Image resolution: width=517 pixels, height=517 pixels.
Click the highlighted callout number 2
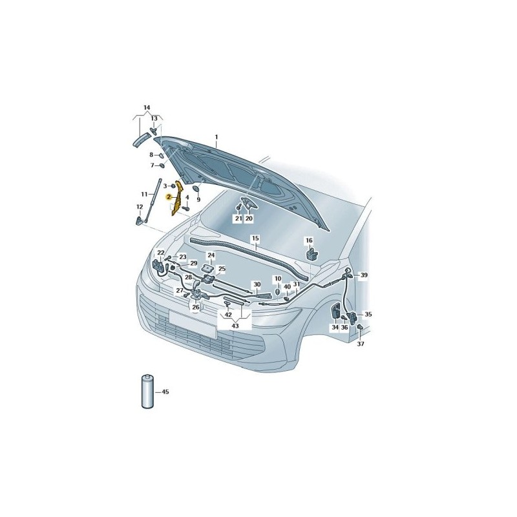[169, 197]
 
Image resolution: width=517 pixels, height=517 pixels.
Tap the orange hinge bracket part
[177, 198]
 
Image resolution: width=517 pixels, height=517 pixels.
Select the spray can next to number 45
[147, 391]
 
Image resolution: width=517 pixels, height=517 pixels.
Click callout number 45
[165, 392]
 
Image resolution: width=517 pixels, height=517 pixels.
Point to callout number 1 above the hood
[216, 137]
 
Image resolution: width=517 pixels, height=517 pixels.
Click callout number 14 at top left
[147, 107]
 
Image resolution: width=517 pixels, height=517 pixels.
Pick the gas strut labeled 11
[154, 202]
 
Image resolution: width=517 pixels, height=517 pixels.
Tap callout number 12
[140, 207]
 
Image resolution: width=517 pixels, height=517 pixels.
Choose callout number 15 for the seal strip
[255, 238]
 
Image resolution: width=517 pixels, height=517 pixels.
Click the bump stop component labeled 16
[311, 254]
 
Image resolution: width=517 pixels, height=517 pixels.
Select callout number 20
[249, 218]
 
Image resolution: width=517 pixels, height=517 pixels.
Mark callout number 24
[211, 255]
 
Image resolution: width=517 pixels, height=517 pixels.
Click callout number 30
[257, 284]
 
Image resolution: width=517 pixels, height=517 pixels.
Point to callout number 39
[363, 275]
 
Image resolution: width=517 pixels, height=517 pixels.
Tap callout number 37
[361, 344]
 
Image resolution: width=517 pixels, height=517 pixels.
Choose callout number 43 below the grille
[235, 326]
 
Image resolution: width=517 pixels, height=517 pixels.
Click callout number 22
[160, 253]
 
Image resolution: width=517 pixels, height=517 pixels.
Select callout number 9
[198, 200]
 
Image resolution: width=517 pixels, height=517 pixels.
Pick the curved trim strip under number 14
[140, 140]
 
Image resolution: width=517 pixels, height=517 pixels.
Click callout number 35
[368, 314]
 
